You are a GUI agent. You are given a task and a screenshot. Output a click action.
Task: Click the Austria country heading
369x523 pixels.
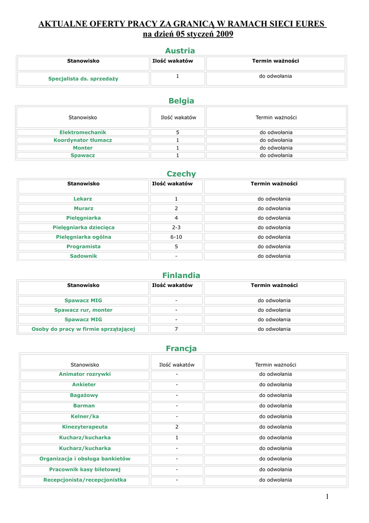180,51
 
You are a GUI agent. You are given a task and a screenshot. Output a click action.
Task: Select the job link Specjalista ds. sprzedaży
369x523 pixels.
83,79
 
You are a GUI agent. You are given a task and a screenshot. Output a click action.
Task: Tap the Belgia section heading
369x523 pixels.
181,101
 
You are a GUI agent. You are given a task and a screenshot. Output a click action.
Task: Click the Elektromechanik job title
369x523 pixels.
83,132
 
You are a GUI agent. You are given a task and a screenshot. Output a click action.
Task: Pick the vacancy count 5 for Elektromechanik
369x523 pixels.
177,132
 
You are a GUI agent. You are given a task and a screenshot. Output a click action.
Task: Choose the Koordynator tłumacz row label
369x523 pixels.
83,140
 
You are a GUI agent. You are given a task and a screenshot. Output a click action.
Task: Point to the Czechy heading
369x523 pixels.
181,174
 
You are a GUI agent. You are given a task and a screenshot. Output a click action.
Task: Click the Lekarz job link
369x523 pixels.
83,199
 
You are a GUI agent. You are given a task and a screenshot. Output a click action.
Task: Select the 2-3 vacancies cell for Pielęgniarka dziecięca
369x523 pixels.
176,227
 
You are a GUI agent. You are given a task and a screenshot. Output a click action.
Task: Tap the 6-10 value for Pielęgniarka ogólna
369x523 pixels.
176,237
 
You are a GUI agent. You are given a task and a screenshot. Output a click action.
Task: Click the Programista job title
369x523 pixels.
83,247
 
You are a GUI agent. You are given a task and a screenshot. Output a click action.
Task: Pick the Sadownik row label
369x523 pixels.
83,256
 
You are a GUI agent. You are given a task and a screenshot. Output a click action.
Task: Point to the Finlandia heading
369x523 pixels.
181,275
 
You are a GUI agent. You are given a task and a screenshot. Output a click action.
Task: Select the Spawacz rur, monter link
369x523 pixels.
83,310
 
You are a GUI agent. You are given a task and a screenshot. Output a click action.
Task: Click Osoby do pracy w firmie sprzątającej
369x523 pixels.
83,329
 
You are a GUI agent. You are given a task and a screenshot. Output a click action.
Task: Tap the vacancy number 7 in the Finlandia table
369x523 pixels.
176,329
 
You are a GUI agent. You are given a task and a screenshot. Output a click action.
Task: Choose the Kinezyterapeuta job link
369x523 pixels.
85,427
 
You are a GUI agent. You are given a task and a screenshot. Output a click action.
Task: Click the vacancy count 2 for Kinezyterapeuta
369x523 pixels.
177,427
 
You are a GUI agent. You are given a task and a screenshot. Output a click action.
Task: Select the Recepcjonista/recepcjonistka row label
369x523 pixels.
85,480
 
